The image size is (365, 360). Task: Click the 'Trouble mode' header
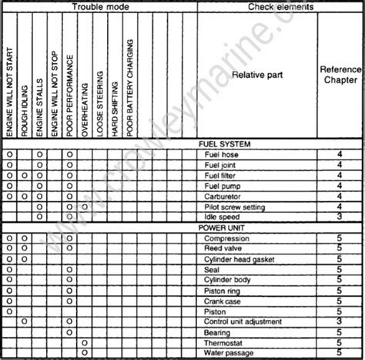(100, 6)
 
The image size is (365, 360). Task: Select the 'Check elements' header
(280, 6)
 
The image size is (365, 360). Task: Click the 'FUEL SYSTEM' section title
(224, 144)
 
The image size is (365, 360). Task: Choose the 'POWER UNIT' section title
(222, 228)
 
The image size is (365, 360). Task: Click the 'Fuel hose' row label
(221, 154)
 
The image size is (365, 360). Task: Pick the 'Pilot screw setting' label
(234, 207)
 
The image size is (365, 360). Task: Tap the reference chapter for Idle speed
(339, 217)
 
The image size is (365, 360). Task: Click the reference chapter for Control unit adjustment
(339, 321)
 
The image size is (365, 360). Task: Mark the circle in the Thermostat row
(85, 342)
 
